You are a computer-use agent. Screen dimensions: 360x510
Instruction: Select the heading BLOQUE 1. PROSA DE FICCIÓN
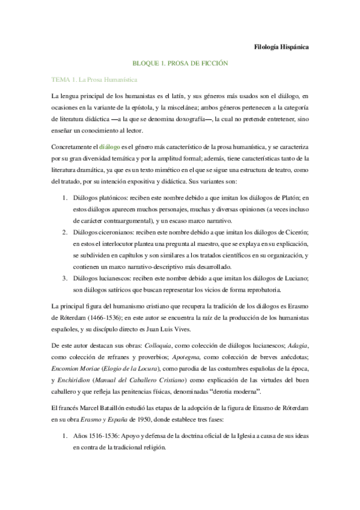tap(180, 63)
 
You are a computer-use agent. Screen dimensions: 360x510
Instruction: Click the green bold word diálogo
tap(109, 146)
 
